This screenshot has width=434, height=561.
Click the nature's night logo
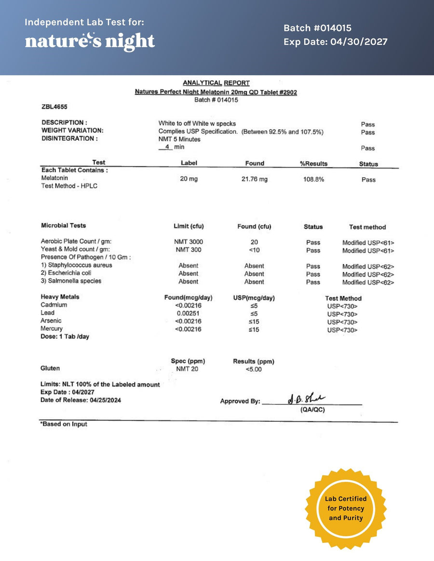pyautogui.click(x=90, y=41)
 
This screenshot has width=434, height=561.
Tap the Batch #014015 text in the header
pyautogui.click(x=317, y=28)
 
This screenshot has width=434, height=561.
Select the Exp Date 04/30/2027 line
pyautogui.click(x=335, y=42)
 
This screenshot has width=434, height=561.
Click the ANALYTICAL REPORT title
pyautogui.click(x=216, y=83)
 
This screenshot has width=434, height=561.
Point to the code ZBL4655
pyautogui.click(x=54, y=107)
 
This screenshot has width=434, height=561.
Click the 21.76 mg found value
pyautogui.click(x=254, y=179)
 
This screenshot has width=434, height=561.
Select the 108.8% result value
pyautogui.click(x=313, y=179)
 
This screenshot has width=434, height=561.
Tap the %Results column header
pyautogui.click(x=313, y=164)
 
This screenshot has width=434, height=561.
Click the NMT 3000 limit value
pyautogui.click(x=188, y=242)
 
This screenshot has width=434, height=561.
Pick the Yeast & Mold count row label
pyautogui.click(x=75, y=249)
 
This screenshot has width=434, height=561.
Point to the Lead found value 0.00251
pyautogui.click(x=188, y=313)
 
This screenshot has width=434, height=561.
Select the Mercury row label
pyautogui.click(x=52, y=328)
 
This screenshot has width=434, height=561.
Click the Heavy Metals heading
pyautogui.click(x=60, y=297)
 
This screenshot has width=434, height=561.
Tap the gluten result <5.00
pyautogui.click(x=254, y=369)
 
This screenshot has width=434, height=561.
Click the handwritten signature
pyautogui.click(x=306, y=399)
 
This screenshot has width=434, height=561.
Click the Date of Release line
pyautogui.click(x=81, y=400)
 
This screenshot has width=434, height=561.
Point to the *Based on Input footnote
pyautogui.click(x=63, y=424)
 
